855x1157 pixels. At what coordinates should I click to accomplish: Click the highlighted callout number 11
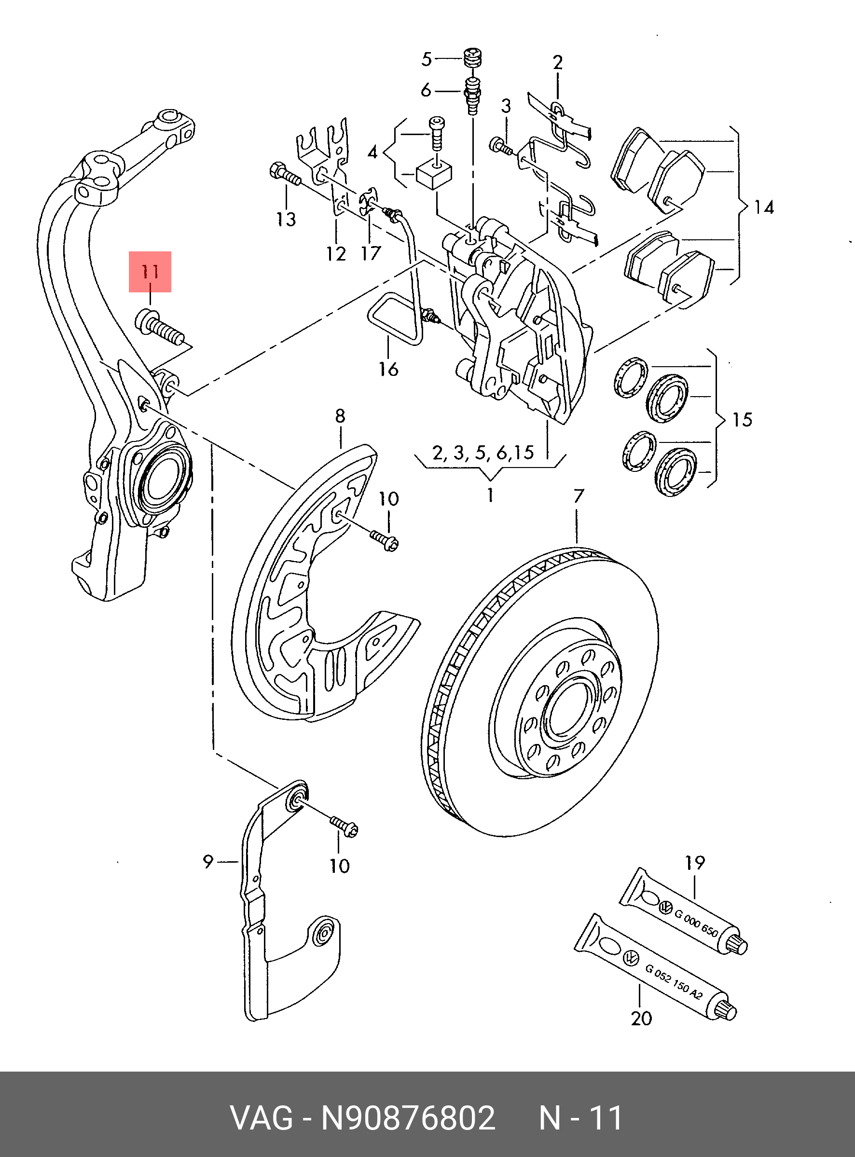[x=150, y=271]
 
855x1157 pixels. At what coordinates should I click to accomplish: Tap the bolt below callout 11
[x=159, y=327]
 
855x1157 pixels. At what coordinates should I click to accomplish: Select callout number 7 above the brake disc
[x=579, y=496]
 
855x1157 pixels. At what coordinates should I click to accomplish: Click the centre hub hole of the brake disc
[x=565, y=709]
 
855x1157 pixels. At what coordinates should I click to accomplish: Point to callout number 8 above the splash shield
[x=340, y=415]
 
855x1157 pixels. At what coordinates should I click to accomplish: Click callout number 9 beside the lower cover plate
[x=207, y=862]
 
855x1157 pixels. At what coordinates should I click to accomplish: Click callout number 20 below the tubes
[x=641, y=1019]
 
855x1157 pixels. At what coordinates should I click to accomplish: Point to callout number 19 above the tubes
[x=694, y=863]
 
